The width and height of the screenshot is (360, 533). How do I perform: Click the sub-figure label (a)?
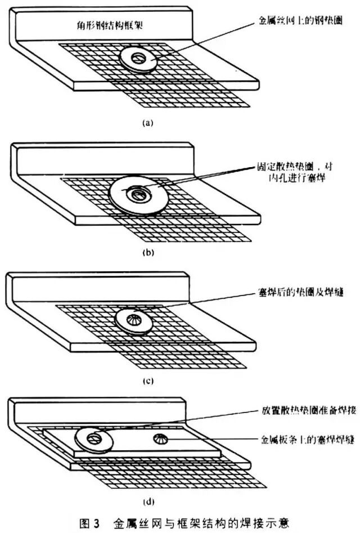(x=147, y=122)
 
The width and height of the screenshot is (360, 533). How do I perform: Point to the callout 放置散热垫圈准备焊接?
(x=301, y=410)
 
